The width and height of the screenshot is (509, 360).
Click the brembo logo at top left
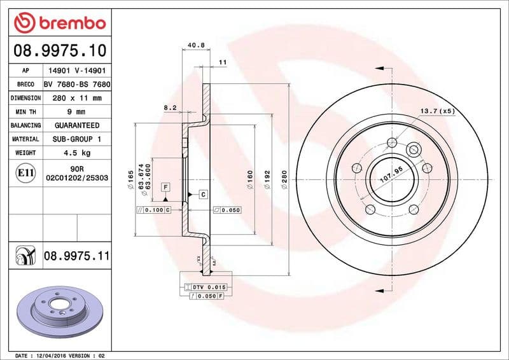pyautogui.click(x=59, y=24)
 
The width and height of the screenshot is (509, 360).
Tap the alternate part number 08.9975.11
pyautogui.click(x=77, y=256)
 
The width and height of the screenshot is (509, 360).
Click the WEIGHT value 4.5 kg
pyautogui.click(x=77, y=153)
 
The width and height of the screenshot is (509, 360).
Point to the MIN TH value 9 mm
pyautogui.click(x=77, y=112)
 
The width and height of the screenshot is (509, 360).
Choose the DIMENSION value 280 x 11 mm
pyautogui.click(x=77, y=99)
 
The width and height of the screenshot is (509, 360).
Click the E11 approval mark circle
pyautogui.click(x=25, y=172)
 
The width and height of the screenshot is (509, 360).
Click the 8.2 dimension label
pyautogui.click(x=170, y=108)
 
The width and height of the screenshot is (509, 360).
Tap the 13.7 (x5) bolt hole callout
pyautogui.click(x=437, y=111)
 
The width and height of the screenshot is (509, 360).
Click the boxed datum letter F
pyautogui.click(x=165, y=187)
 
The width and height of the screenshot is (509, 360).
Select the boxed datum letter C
pyautogui.click(x=202, y=194)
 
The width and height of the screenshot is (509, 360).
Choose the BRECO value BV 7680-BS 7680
pyautogui.click(x=77, y=85)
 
